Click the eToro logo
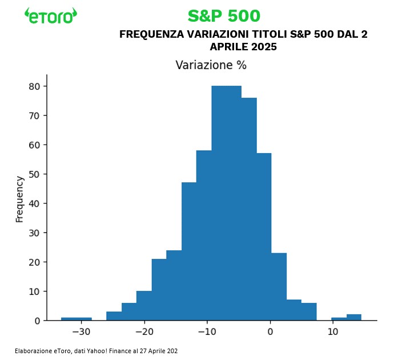pos(51,15)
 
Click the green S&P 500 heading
pos(223,16)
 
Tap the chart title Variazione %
pos(211,65)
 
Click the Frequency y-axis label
pos(20,199)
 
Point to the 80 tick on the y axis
pos(34,86)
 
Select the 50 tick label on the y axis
pos(34,174)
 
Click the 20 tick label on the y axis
pos(34,262)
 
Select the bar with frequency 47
pos(189,251)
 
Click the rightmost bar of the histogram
pos(353,318)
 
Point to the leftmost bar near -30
pos(77,319)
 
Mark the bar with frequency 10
pos(144,306)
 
